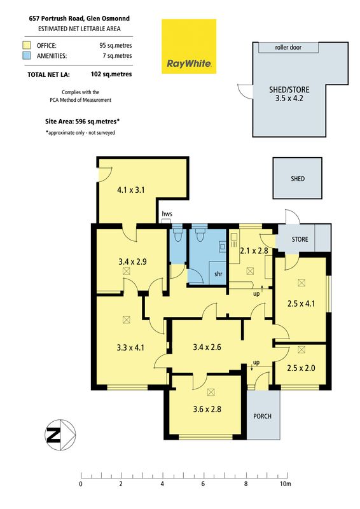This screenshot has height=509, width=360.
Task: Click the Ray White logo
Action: coord(189,46)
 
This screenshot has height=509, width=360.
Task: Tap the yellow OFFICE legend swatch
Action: coord(27,45)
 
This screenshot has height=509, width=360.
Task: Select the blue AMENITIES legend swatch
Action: coord(27,55)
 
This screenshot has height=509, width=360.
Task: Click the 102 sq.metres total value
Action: coord(111,74)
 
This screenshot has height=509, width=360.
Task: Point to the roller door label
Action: coord(288,47)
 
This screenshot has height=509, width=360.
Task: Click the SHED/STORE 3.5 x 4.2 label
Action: coord(289,94)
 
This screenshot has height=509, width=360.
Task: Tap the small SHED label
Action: coord(298,179)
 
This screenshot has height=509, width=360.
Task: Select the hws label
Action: coord(167,214)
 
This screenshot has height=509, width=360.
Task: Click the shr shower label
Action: coord(218,274)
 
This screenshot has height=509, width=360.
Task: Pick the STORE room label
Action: coord(300,239)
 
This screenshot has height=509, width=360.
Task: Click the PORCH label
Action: coord(262,416)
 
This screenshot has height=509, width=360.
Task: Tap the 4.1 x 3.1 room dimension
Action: coord(131,190)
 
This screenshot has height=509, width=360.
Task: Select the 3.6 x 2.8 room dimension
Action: coord(207,409)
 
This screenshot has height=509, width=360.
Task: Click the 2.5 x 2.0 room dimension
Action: coord(301,368)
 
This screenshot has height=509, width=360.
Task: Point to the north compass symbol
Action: coord(60,435)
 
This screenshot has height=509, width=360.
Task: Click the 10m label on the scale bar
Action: coord(286,484)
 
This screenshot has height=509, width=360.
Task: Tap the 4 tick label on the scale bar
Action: coord(162,484)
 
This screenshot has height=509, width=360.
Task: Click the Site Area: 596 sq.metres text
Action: coord(83,122)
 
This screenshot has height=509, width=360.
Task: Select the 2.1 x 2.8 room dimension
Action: coord(254,251)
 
